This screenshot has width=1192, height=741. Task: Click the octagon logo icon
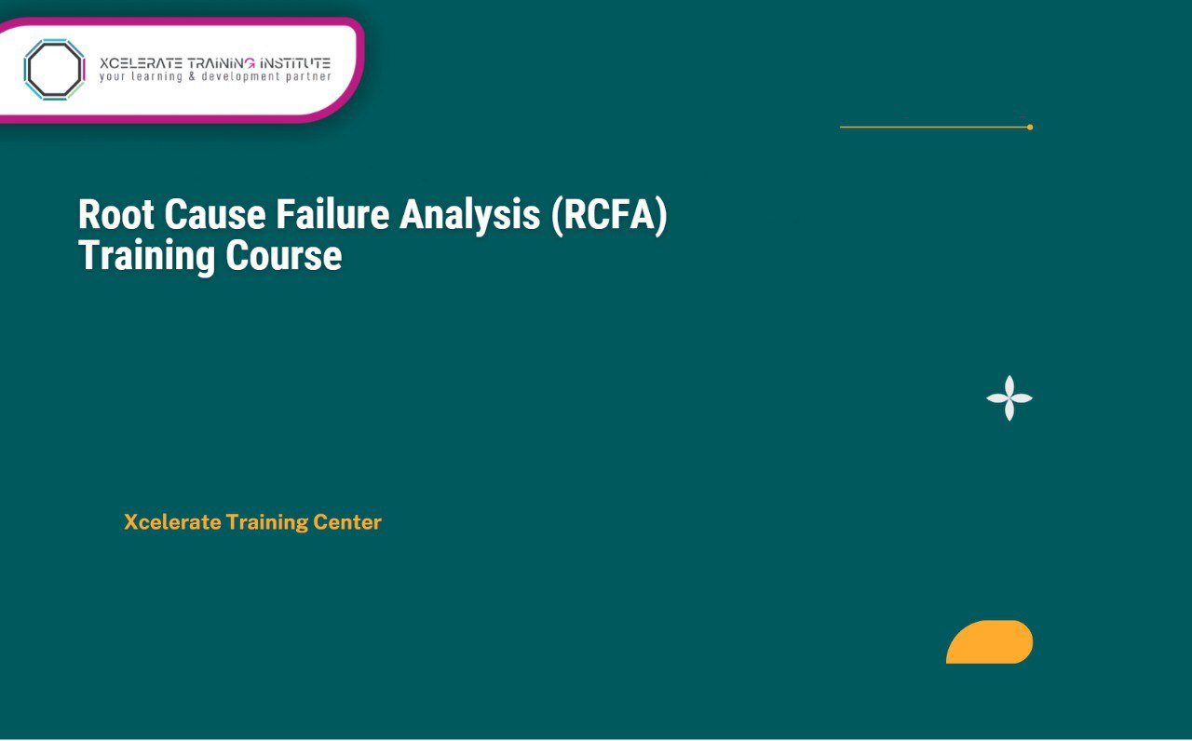[x=54, y=69]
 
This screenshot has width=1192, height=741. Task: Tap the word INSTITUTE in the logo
[x=294, y=62]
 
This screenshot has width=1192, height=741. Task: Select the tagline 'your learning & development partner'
[x=214, y=77]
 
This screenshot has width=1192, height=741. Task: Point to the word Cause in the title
[x=214, y=214]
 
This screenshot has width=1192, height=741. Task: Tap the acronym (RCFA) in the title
[x=609, y=216]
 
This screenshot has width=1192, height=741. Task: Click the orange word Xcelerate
[x=171, y=522]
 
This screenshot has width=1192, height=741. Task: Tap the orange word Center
[x=346, y=522]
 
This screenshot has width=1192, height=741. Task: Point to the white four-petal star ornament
[x=1009, y=398]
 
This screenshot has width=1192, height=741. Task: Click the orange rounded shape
[x=991, y=642]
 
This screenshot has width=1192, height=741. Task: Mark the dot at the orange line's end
[x=1030, y=127]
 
